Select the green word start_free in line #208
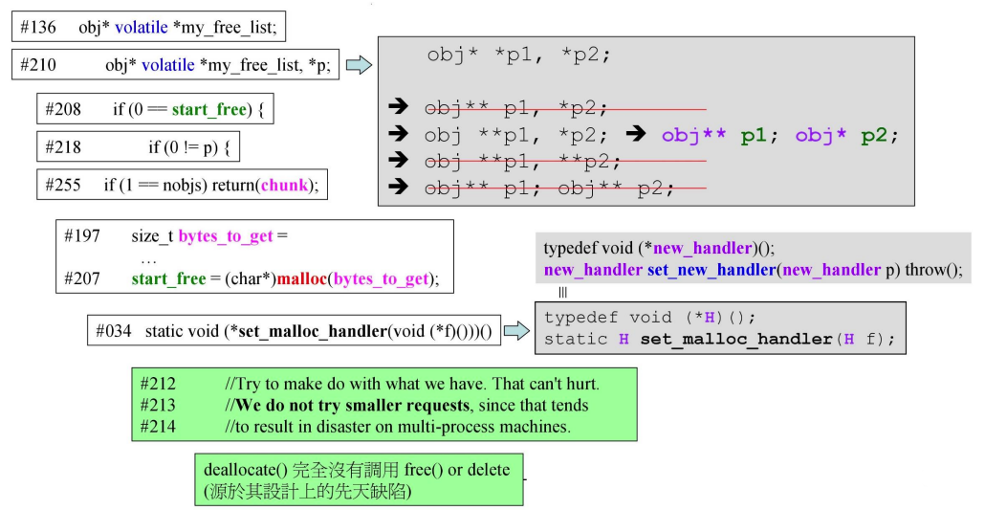pyautogui.click(x=208, y=109)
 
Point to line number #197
pyautogui.click(x=83, y=235)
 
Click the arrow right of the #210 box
pyautogui.click(x=358, y=65)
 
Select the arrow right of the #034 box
pyautogui.click(x=516, y=331)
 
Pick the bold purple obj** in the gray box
pyautogui.click(x=693, y=135)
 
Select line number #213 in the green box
pyautogui.click(x=158, y=406)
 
